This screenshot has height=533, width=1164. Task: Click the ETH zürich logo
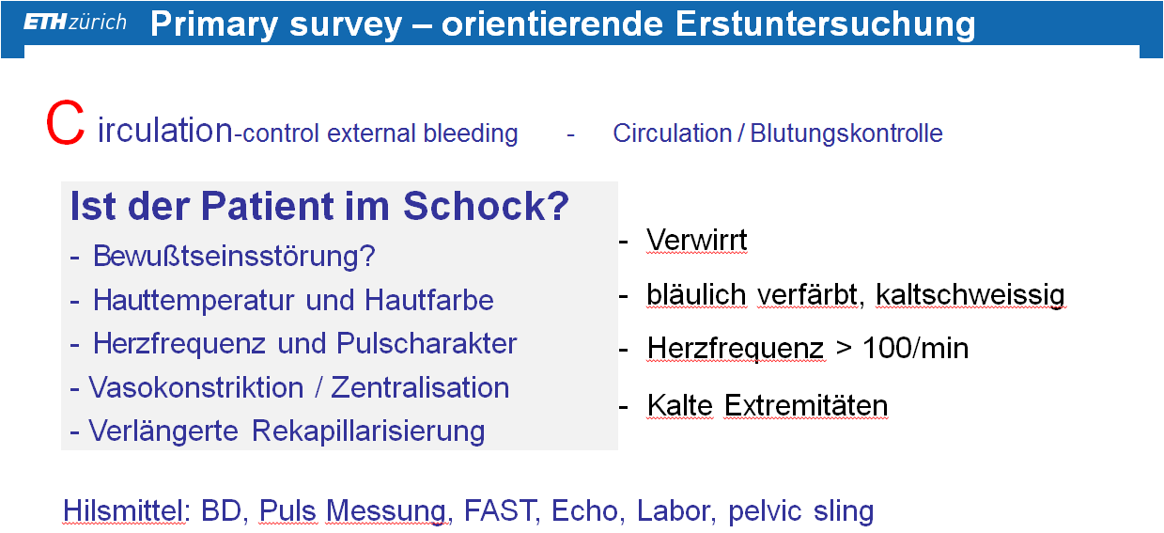(75, 22)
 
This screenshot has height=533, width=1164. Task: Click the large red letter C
(65, 123)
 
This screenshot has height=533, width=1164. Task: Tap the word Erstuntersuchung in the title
(825, 24)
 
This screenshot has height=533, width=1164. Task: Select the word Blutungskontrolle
(846, 133)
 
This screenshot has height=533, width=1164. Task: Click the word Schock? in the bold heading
(486, 206)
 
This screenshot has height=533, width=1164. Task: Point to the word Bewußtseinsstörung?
(234, 256)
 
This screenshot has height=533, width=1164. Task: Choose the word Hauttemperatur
(194, 301)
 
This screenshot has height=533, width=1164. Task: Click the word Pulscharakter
(427, 343)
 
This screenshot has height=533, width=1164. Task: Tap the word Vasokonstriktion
(196, 387)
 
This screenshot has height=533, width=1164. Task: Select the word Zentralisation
(420, 387)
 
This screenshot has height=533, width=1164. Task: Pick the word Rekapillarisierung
(368, 431)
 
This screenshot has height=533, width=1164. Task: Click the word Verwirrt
(696, 241)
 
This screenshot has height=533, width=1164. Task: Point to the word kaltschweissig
(970, 295)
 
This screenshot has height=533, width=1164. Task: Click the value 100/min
(916, 348)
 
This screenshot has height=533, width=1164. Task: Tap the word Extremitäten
(806, 405)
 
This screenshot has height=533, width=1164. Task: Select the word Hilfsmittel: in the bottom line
(127, 510)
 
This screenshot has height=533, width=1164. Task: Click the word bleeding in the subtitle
(471, 133)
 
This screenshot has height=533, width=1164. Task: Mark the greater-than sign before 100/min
(844, 349)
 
